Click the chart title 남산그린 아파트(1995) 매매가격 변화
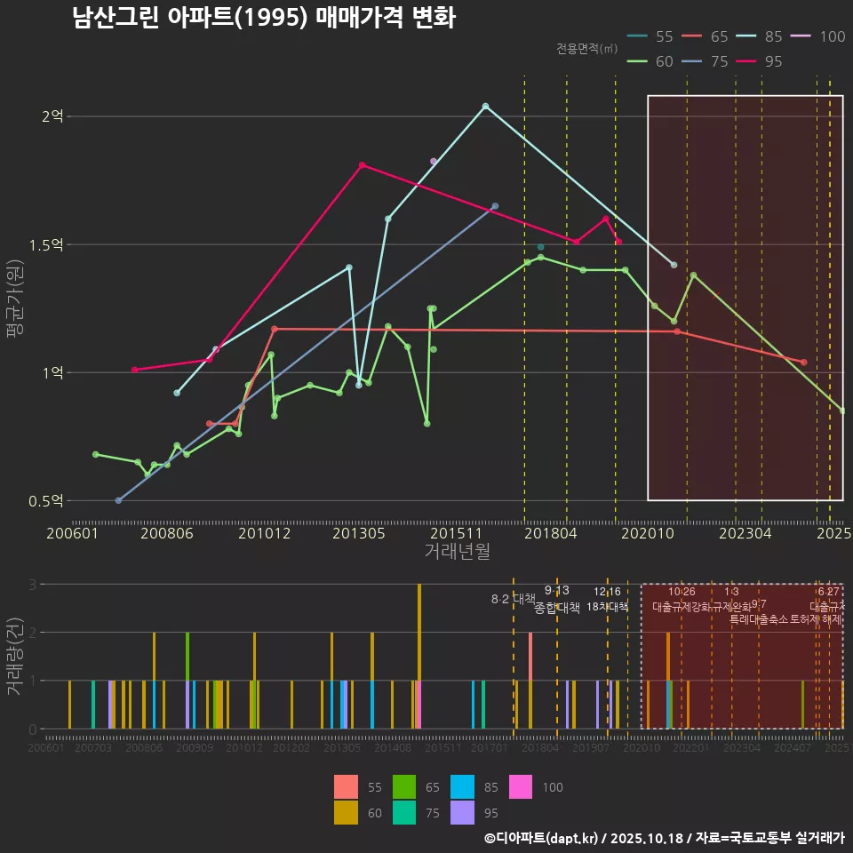tap(264, 18)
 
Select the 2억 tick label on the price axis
tap(53, 116)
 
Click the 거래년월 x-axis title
tap(457, 551)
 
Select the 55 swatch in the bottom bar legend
tap(347, 787)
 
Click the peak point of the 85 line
tap(485, 106)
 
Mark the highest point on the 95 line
tap(363, 164)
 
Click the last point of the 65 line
tap(803, 362)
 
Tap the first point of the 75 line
tap(118, 500)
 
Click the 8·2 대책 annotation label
tap(513, 599)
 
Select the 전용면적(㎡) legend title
tap(586, 48)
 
